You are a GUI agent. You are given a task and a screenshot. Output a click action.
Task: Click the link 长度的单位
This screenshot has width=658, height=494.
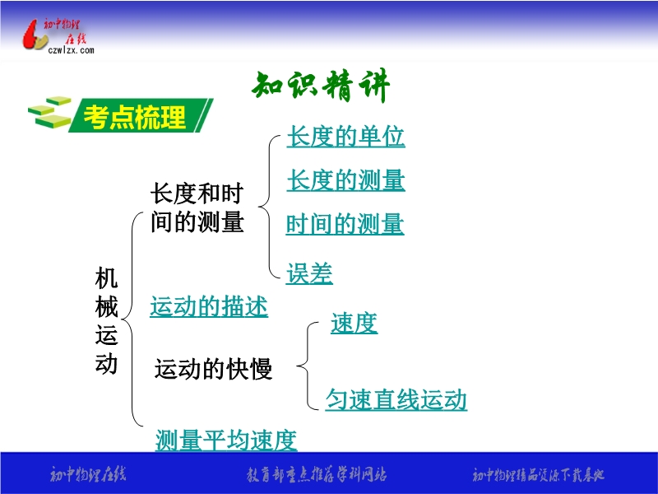pos(345,136)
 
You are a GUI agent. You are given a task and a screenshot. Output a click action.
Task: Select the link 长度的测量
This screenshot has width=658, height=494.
pos(345,179)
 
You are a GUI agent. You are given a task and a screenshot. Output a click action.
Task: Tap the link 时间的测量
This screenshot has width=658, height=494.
pos(345,224)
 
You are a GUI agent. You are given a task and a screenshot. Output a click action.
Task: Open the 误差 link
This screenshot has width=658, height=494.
pos(309,273)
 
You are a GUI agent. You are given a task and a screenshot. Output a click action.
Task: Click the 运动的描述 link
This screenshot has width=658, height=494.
pos(209,306)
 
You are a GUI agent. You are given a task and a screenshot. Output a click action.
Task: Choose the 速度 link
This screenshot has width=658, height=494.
pos(354,323)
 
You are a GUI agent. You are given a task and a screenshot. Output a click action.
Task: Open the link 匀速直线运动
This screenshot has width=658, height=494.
pos(396,398)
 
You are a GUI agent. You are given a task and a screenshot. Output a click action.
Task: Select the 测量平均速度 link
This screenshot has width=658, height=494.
pos(226,440)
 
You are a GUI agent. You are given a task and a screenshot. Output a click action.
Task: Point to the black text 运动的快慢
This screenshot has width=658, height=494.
pos(214,369)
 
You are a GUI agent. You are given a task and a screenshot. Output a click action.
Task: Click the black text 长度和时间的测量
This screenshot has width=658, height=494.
pos(197,207)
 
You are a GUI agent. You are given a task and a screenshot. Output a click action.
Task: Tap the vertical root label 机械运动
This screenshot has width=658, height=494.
pos(106,320)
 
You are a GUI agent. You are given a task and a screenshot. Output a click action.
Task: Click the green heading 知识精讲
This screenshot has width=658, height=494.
pos(321,86)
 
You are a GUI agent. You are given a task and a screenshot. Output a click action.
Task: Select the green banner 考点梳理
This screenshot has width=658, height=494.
pos(141,115)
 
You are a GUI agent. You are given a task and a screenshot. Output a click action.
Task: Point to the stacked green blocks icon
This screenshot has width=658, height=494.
pos(49,113)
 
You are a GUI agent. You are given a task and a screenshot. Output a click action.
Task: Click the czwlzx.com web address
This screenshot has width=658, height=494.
pos(71,50)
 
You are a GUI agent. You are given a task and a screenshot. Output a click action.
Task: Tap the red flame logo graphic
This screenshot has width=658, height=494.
pos(35,35)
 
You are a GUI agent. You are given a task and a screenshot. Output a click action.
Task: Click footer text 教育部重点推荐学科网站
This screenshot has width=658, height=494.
pos(317,475)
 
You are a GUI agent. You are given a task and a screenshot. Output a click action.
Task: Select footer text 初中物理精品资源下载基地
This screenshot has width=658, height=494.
pos(538,475)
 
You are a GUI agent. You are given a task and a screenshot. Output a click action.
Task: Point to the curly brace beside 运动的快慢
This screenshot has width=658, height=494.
pos(308,366)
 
